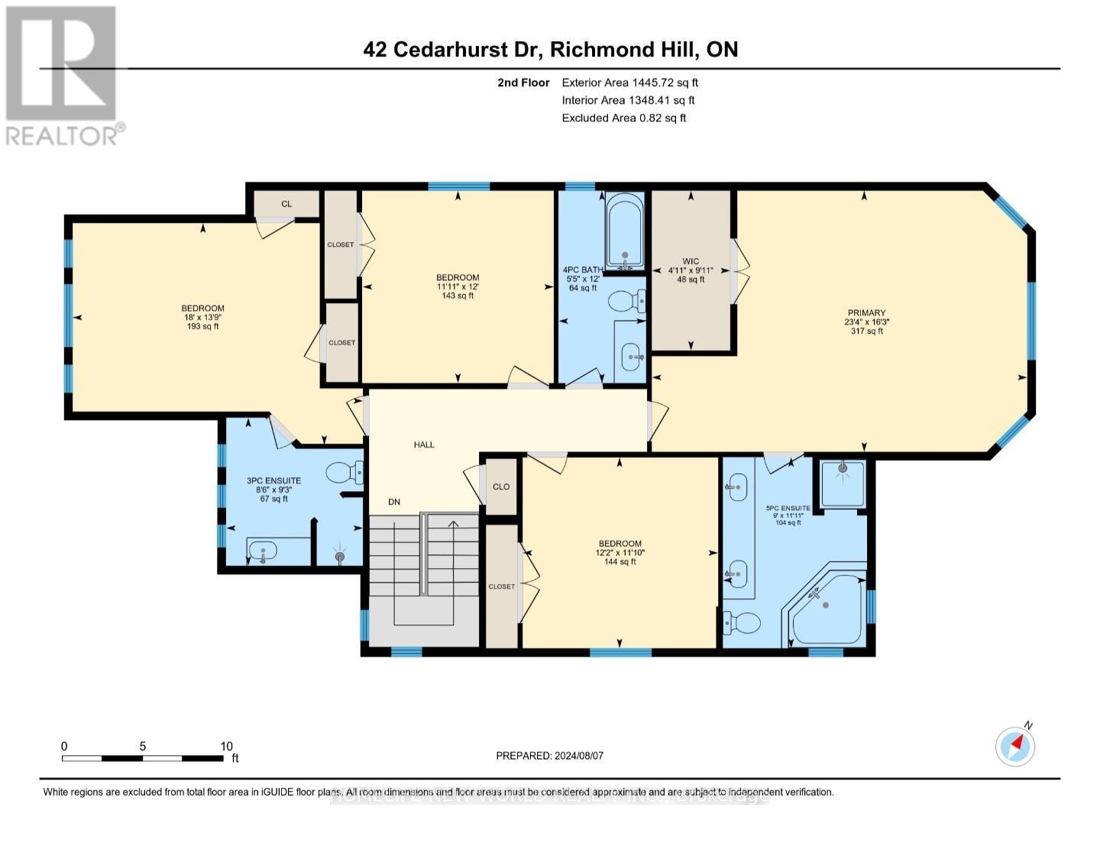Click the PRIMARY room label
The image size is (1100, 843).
click(x=865, y=312)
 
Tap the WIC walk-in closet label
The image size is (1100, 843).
click(x=691, y=261)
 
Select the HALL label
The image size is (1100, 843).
click(x=424, y=444)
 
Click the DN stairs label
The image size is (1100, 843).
click(x=394, y=502)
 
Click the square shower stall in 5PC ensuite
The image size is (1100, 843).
click(x=843, y=483)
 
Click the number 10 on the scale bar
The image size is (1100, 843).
click(x=226, y=746)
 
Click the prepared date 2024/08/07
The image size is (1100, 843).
click(x=577, y=755)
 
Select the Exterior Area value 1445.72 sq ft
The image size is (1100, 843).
click(x=663, y=82)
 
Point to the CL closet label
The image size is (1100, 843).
click(x=286, y=204)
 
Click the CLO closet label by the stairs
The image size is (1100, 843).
click(x=501, y=486)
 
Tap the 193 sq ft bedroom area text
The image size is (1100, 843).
click(x=202, y=326)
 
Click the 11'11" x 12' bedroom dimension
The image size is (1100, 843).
click(x=458, y=286)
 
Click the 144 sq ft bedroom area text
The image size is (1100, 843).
click(x=620, y=561)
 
